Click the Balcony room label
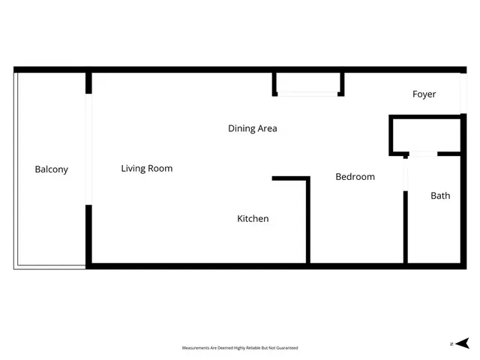[x=51, y=169]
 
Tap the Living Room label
[x=147, y=169]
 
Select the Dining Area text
[x=253, y=128]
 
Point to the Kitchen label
[x=253, y=219]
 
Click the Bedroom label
[x=355, y=177]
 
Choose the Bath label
[x=440, y=196]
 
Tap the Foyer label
[x=424, y=94]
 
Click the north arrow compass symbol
[x=461, y=343]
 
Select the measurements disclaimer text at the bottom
[x=240, y=348]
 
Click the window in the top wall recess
[x=308, y=94]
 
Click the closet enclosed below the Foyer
[x=424, y=135]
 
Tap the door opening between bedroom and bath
[x=406, y=174]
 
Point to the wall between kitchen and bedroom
[x=308, y=221]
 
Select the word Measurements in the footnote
[x=196, y=348]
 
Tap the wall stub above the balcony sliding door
[x=89, y=82]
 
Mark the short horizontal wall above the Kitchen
[x=290, y=178]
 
